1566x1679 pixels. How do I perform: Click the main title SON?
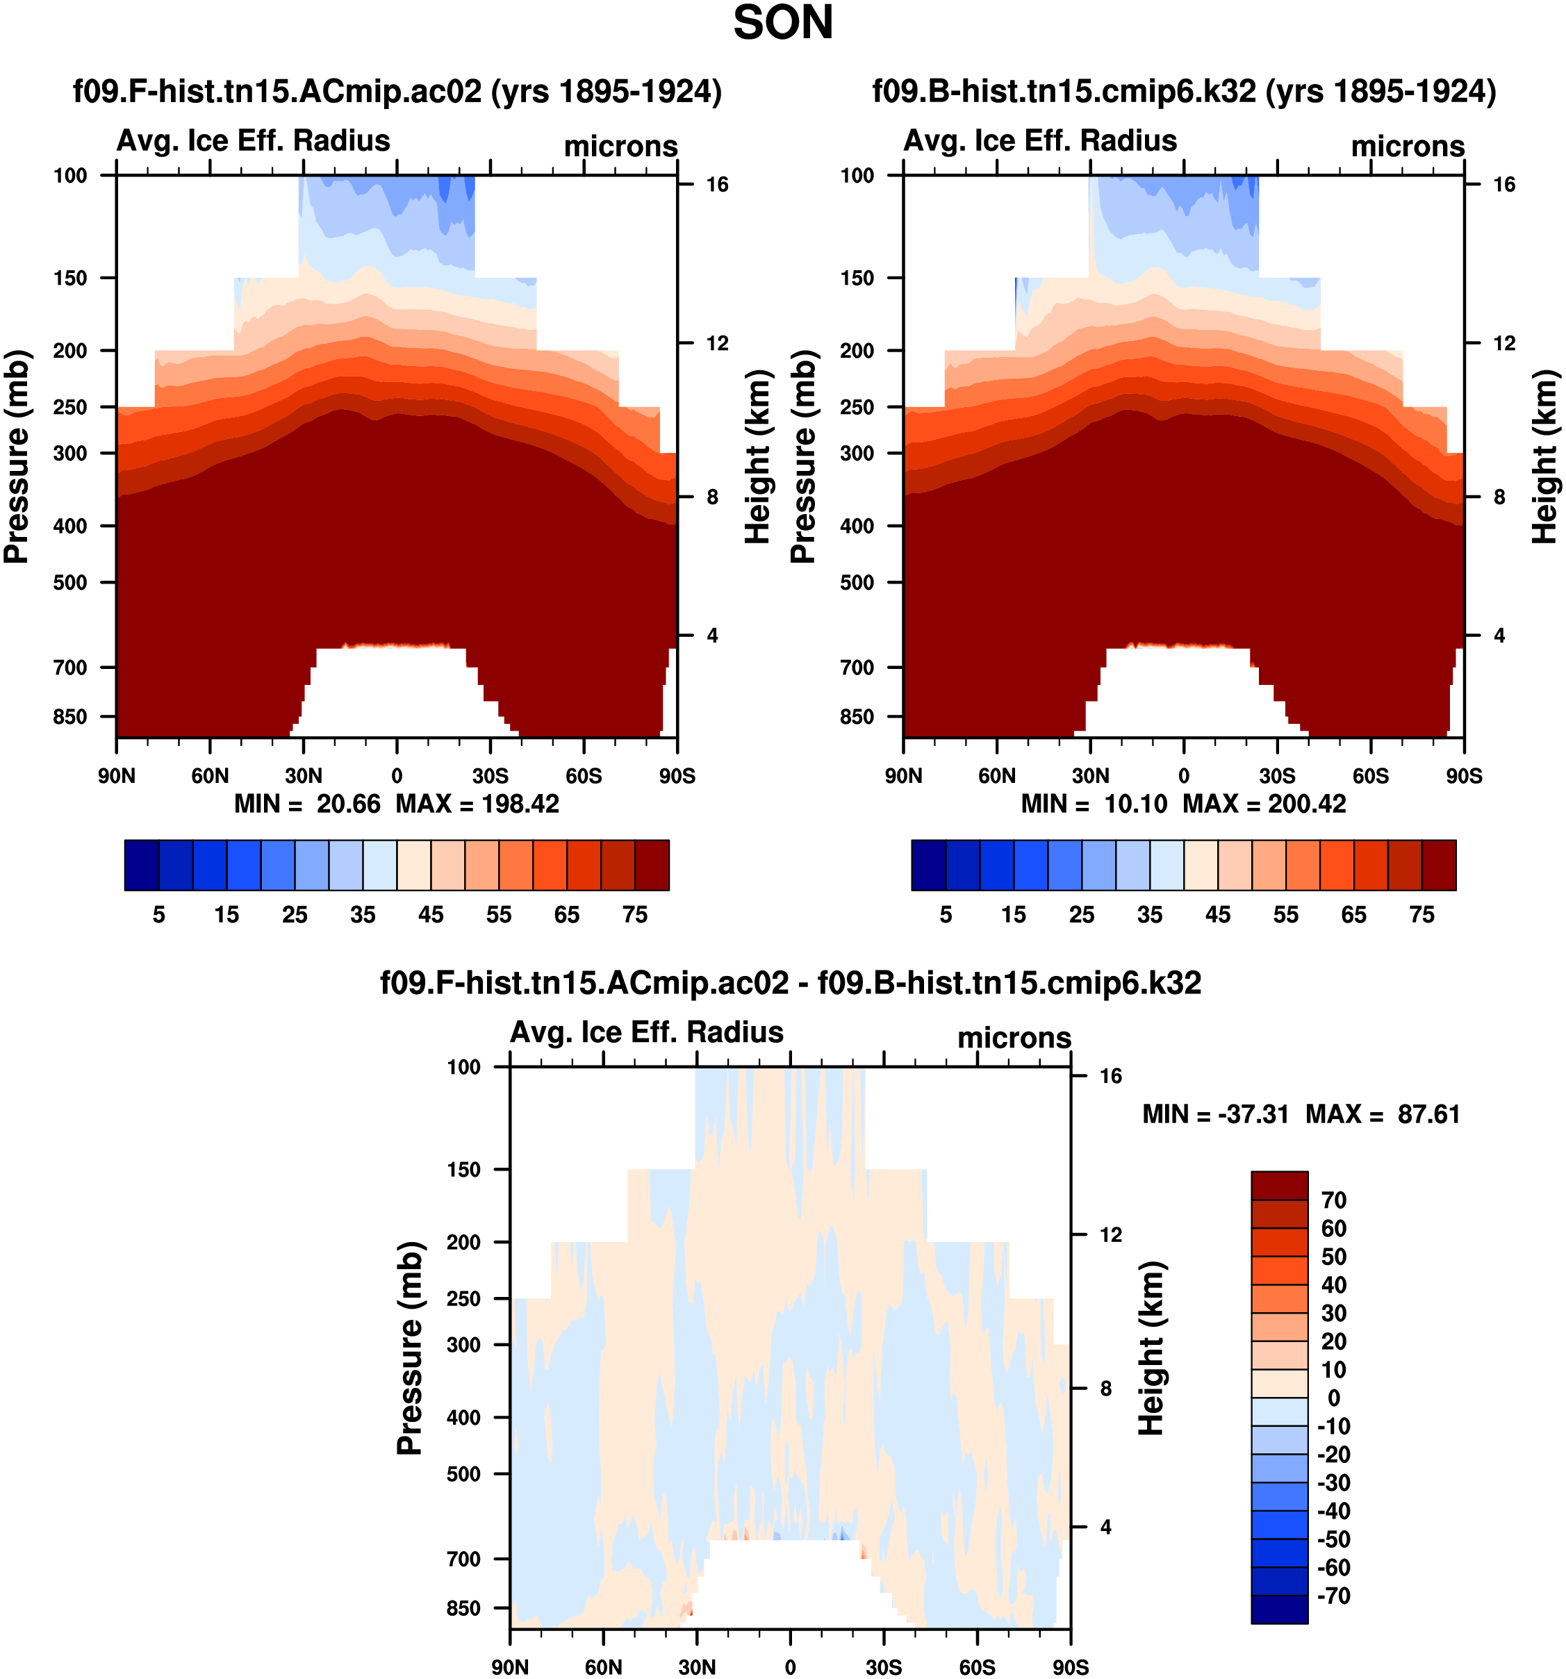782,24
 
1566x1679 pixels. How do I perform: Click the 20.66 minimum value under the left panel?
348,803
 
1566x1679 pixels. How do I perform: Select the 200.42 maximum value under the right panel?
1306,803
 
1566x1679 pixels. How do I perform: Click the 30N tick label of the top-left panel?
303,775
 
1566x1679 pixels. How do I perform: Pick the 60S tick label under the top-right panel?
1370,775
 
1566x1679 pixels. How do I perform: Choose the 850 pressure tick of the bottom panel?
463,1608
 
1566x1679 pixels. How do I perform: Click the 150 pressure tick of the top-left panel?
70,278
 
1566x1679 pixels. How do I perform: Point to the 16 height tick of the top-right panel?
1504,184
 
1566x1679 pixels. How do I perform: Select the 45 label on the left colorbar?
431,915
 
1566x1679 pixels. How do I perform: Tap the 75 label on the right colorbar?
1421,915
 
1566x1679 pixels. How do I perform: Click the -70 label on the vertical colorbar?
1334,1596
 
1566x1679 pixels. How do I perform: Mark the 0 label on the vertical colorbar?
1334,1398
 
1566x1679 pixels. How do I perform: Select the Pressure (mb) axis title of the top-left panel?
17,456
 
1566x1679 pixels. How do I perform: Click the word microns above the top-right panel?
1407,146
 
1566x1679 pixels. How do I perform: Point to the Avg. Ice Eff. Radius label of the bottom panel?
646,1032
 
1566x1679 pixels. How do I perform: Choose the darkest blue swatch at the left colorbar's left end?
141,865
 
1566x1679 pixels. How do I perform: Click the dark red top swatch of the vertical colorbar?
1279,1185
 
